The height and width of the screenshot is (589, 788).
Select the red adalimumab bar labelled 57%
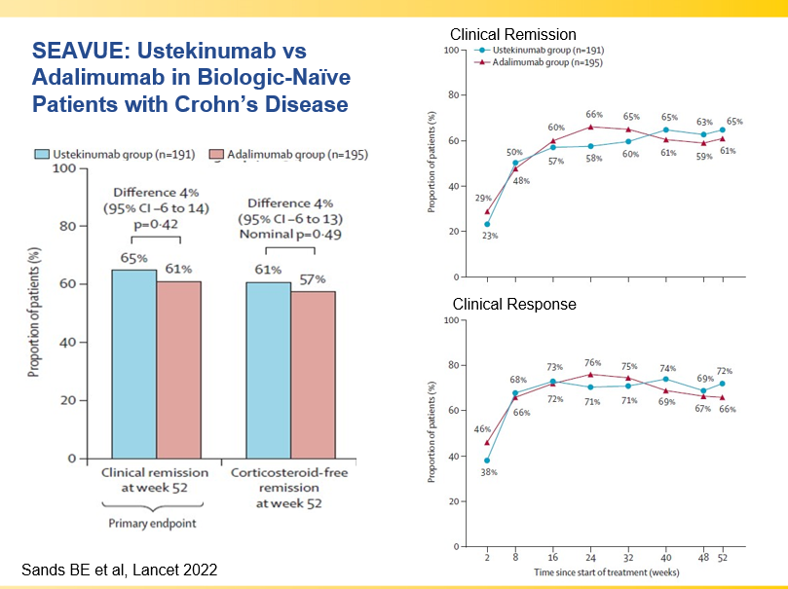pos(313,374)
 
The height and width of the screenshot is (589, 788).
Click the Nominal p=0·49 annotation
pos(290,234)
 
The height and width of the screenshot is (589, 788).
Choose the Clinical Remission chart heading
pos(513,36)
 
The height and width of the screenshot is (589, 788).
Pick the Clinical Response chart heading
pos(514,305)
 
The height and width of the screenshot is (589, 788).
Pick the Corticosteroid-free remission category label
pos(290,488)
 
